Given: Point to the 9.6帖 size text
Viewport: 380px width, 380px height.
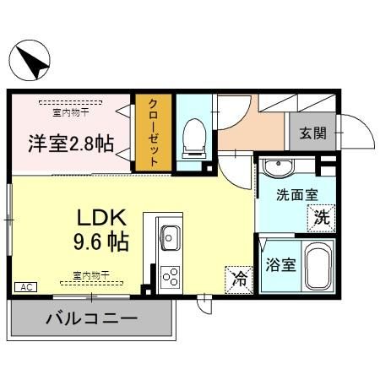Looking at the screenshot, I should [100, 243].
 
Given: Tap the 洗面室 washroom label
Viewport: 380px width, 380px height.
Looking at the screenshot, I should [297, 195].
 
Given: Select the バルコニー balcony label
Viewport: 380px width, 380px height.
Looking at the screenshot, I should [92, 321].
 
